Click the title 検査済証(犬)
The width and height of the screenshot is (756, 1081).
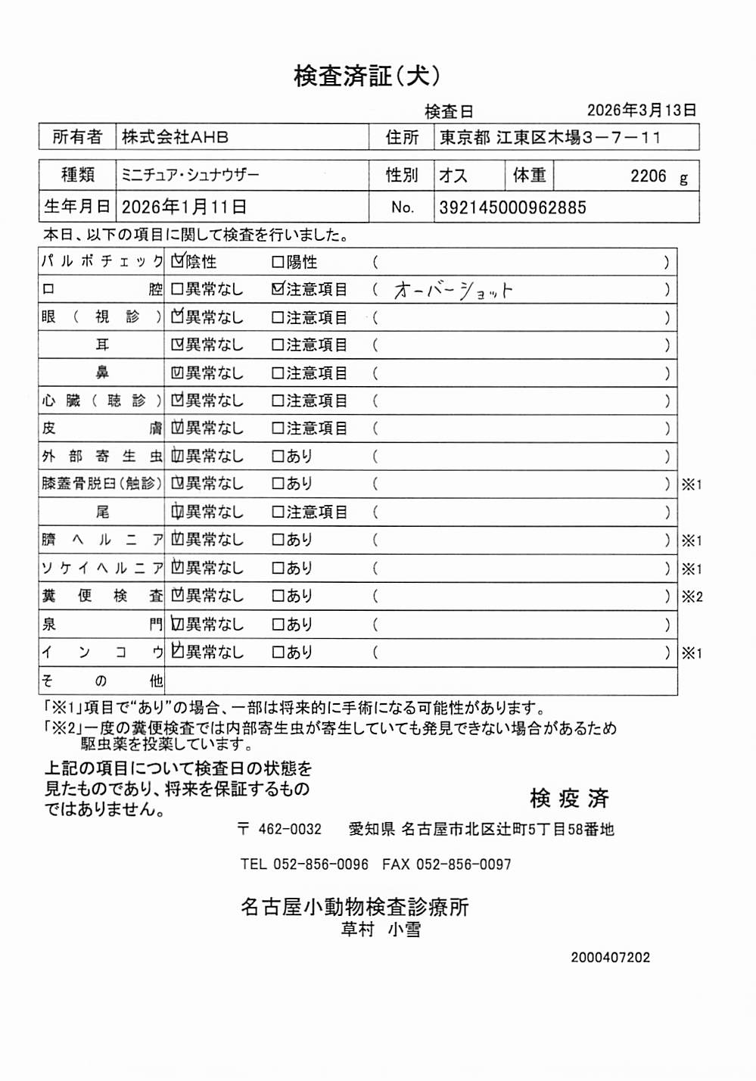point(367,76)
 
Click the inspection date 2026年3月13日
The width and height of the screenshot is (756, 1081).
point(641,111)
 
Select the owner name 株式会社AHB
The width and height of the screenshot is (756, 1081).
point(175,137)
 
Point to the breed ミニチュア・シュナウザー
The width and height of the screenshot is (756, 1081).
point(190,176)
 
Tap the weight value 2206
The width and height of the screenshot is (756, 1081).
point(648,176)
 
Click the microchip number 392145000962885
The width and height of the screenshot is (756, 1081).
point(512,207)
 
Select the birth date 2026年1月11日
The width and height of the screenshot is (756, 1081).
point(184,207)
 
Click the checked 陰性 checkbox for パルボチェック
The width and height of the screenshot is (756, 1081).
point(178,262)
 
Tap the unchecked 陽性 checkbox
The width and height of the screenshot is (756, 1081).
point(278,262)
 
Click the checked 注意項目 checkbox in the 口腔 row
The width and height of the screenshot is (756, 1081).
point(278,289)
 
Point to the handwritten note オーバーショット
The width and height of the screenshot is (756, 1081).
point(453,291)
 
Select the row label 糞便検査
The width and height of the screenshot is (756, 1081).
point(101,596)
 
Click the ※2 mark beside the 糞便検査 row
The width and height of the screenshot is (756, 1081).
point(692,597)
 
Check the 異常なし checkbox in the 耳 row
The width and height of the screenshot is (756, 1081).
point(178,345)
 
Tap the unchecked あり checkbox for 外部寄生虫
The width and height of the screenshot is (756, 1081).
point(278,456)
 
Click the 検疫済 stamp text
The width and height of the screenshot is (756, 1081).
point(569,798)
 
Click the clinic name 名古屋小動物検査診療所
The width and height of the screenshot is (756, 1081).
point(354,907)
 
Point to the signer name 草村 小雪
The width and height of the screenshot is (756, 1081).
point(381,930)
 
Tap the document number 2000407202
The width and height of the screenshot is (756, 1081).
point(610,958)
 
